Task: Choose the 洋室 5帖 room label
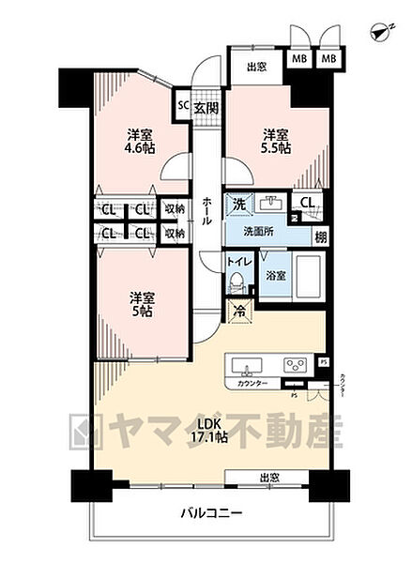141,304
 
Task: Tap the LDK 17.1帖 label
209,431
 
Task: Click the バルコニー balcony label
211,514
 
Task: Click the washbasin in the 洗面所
273,204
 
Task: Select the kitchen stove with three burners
295,364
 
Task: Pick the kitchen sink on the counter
250,364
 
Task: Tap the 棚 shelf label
321,237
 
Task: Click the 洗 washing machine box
239,204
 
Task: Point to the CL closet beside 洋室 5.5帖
307,201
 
